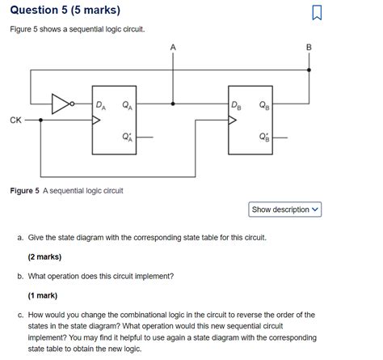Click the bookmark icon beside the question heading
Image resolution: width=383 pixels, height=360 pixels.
(x=317, y=12)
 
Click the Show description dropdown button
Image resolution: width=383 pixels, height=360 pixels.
(x=285, y=210)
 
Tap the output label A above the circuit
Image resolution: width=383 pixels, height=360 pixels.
(x=171, y=48)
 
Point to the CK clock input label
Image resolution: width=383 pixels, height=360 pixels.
(x=15, y=120)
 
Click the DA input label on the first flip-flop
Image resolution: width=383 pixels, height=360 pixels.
(x=99, y=104)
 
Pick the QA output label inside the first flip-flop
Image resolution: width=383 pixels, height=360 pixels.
(x=127, y=104)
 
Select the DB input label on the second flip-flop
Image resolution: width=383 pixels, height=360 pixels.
(x=235, y=104)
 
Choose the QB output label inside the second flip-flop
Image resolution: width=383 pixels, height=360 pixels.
(x=264, y=104)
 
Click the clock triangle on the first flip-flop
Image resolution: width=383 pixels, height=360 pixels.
(x=97, y=121)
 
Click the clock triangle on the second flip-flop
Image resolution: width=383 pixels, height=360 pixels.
(x=233, y=121)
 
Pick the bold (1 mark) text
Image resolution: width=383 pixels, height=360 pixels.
(x=45, y=295)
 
